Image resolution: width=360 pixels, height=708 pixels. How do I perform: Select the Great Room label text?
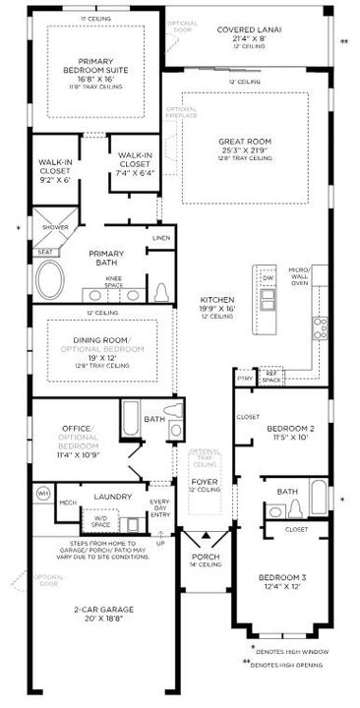click(x=245, y=142)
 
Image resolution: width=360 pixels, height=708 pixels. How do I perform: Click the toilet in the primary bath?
click(x=162, y=292)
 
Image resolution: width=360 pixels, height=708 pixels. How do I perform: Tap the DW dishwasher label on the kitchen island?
click(x=267, y=279)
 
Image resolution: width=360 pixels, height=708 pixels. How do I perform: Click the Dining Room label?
click(x=94, y=340)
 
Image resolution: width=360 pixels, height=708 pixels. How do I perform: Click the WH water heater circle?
click(x=43, y=491)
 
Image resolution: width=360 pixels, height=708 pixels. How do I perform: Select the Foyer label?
click(x=203, y=481)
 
